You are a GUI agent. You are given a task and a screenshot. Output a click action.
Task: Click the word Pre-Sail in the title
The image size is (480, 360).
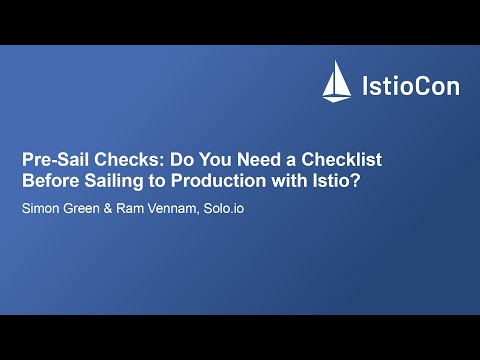(x=54, y=159)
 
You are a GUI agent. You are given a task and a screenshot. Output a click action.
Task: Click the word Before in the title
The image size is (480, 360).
(x=51, y=182)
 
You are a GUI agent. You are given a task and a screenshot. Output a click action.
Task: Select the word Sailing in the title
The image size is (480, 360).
(x=115, y=182)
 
